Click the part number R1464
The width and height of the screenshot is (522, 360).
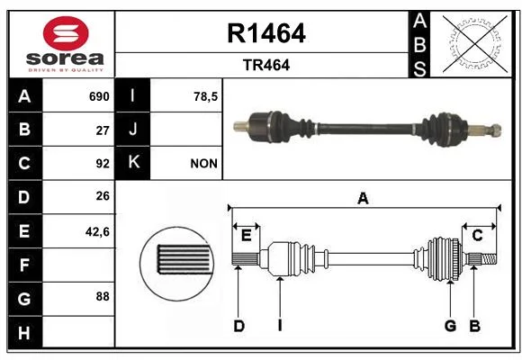point(266,33)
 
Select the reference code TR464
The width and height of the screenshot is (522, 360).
point(266,65)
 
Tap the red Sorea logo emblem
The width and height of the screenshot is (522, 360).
point(66,33)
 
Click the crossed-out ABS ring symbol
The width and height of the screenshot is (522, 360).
point(475,43)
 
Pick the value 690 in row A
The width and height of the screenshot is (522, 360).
point(99,96)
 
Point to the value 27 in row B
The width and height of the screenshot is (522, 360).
point(103,130)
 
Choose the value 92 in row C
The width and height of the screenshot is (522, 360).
point(103,164)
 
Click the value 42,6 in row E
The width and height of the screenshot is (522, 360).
point(97,232)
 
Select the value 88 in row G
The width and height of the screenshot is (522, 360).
point(103,296)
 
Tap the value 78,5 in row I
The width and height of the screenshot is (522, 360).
point(205,97)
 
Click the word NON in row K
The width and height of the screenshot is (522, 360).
point(203,164)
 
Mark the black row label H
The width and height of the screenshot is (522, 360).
point(25,332)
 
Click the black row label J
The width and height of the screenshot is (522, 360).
point(132,130)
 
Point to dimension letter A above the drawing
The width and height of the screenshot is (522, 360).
point(363,199)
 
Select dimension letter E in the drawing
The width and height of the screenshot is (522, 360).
point(246,236)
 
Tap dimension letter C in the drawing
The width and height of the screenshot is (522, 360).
point(477,236)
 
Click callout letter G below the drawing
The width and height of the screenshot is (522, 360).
point(450,326)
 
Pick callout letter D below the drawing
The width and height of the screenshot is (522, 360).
point(239,326)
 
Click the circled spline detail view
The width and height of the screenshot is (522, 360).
point(177,264)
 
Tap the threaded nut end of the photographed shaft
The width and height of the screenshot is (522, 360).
point(496,130)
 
